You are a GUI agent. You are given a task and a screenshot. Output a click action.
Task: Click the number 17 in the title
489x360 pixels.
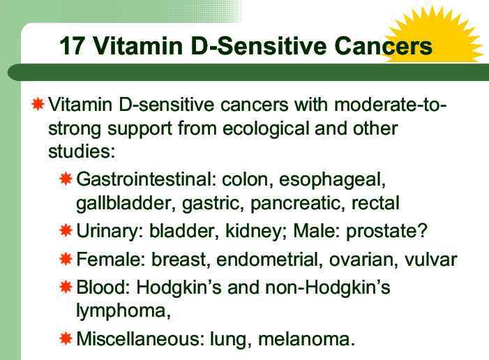pos(73,46)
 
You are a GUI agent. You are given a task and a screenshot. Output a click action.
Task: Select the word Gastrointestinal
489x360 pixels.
pos(144,179)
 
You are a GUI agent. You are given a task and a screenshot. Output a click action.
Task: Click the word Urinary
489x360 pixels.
pos(107,230)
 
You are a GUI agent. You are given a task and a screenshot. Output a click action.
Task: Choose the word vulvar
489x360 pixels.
pos(432,260)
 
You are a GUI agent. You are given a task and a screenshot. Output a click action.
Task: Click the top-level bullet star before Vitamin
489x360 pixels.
pos(39,105)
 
